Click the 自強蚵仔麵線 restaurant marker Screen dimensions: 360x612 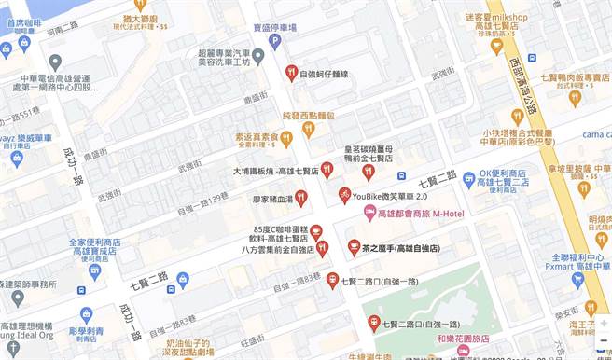pyautogui.click(x=291, y=72)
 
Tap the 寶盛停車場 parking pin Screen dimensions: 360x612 pyautogui.click(x=273, y=41)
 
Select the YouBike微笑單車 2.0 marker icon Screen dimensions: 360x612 pyautogui.click(x=345, y=191)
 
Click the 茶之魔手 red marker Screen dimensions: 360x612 pyautogui.click(x=354, y=246)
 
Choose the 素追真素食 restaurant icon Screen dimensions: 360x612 pyautogui.click(x=285, y=137)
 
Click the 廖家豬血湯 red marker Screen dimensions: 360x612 pyautogui.click(x=301, y=197)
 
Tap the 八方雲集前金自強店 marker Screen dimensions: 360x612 pyautogui.click(x=322, y=247)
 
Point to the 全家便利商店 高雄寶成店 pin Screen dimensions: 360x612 pyautogui.click(x=94, y=271)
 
